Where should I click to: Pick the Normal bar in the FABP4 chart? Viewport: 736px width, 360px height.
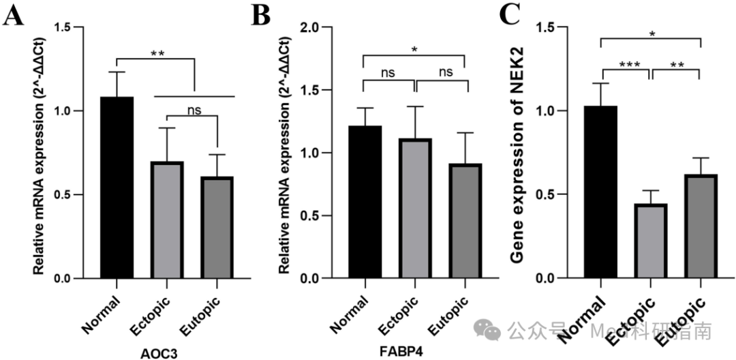tap(364, 202)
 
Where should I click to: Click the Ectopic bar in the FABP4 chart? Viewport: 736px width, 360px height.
tap(414, 209)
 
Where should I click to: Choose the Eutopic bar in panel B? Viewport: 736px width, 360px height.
tap(465, 221)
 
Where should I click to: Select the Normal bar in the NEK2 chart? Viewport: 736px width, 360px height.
tap(600, 192)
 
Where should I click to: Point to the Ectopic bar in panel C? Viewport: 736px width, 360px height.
tap(651, 241)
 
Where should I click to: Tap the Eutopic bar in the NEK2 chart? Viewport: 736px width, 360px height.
tap(701, 226)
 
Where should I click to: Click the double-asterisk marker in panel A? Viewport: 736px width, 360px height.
tap(157, 53)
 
